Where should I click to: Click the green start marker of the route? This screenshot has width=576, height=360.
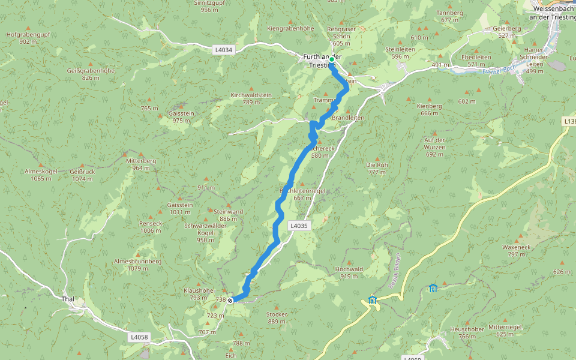(x=331, y=59)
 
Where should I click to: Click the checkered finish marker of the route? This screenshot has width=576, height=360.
(x=230, y=300)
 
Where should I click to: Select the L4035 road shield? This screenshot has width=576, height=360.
(x=298, y=226)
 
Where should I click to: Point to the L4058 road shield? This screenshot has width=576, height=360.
(x=138, y=337)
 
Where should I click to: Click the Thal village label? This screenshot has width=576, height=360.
(x=67, y=298)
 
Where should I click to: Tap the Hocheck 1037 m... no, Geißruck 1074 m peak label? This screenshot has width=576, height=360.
(x=83, y=175)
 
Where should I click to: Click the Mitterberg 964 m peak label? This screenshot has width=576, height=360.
(x=141, y=164)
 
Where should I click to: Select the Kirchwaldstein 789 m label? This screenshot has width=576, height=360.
(x=251, y=98)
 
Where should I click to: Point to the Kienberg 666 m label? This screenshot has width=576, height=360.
(x=429, y=109)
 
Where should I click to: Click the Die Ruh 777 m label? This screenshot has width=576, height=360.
(x=377, y=168)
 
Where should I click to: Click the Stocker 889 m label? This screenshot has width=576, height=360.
(x=277, y=318)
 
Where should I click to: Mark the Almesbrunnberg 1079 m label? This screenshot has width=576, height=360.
(x=137, y=265)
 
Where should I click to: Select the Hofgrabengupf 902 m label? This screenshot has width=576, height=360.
(x=27, y=38)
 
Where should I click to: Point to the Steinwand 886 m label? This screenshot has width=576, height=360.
(x=228, y=215)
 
